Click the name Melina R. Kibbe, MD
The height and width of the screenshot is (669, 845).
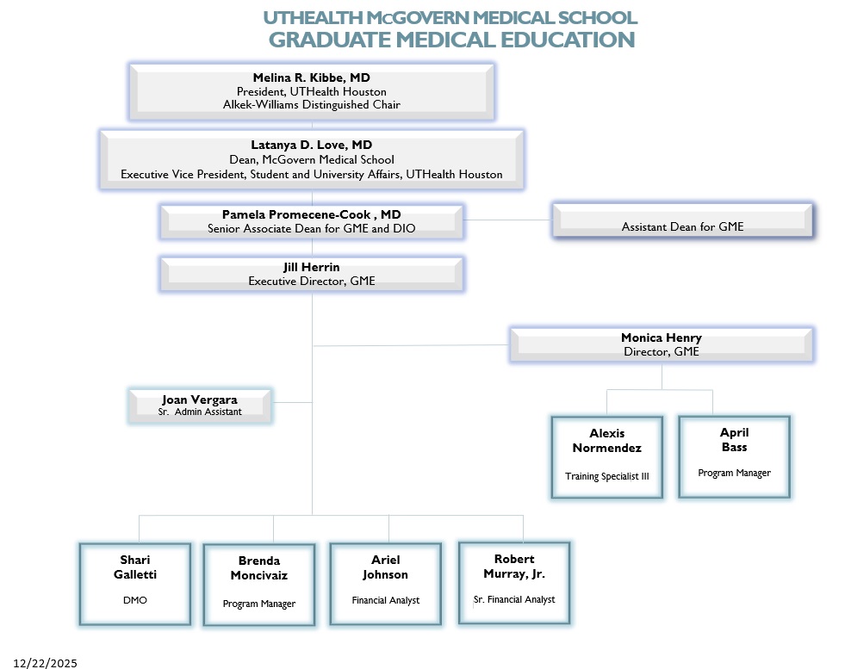[311, 77]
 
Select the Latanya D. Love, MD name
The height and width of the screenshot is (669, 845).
[311, 145]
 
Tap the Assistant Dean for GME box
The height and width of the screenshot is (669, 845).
[682, 222]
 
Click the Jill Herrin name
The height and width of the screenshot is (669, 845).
[311, 267]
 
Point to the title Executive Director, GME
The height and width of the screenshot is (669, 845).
[311, 281]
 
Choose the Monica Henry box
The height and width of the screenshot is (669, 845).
[662, 344]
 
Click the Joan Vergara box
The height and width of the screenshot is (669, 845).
[200, 406]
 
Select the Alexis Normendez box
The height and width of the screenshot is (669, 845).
[607, 457]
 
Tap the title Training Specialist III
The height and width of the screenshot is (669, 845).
[607, 476]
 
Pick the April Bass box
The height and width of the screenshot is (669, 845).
[734, 456]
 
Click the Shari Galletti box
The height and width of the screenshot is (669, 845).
[134, 583]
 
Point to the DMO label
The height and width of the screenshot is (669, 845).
[134, 600]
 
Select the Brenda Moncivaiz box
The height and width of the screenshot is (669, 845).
[258, 585]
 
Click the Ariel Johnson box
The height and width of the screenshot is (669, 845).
[385, 583]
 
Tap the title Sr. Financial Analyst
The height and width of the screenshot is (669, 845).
[514, 599]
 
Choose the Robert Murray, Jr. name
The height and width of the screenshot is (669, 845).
[514, 566]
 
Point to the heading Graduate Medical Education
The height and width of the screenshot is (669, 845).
[451, 40]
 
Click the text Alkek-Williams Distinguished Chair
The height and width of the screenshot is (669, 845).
[311, 105]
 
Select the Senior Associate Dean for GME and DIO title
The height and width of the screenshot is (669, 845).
[311, 229]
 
